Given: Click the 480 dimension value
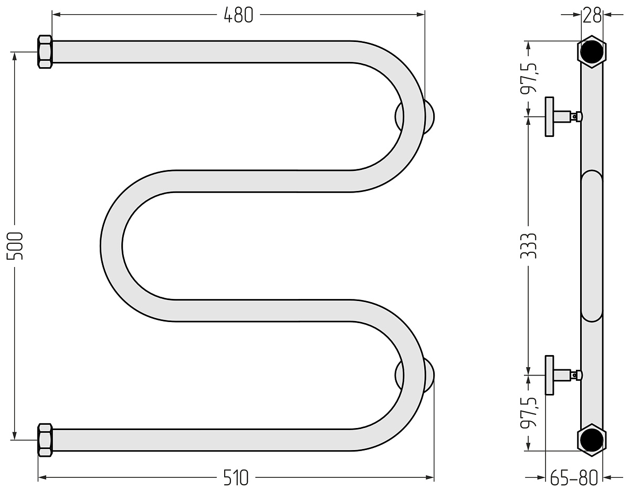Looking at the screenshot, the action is [238, 15].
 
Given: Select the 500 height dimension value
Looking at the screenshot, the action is [15, 245].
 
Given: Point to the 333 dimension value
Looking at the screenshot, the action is [529, 245].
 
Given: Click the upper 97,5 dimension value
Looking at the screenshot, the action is [529, 78].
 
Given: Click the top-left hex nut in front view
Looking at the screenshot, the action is [45, 52].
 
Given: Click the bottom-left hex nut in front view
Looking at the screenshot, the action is [45, 440].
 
